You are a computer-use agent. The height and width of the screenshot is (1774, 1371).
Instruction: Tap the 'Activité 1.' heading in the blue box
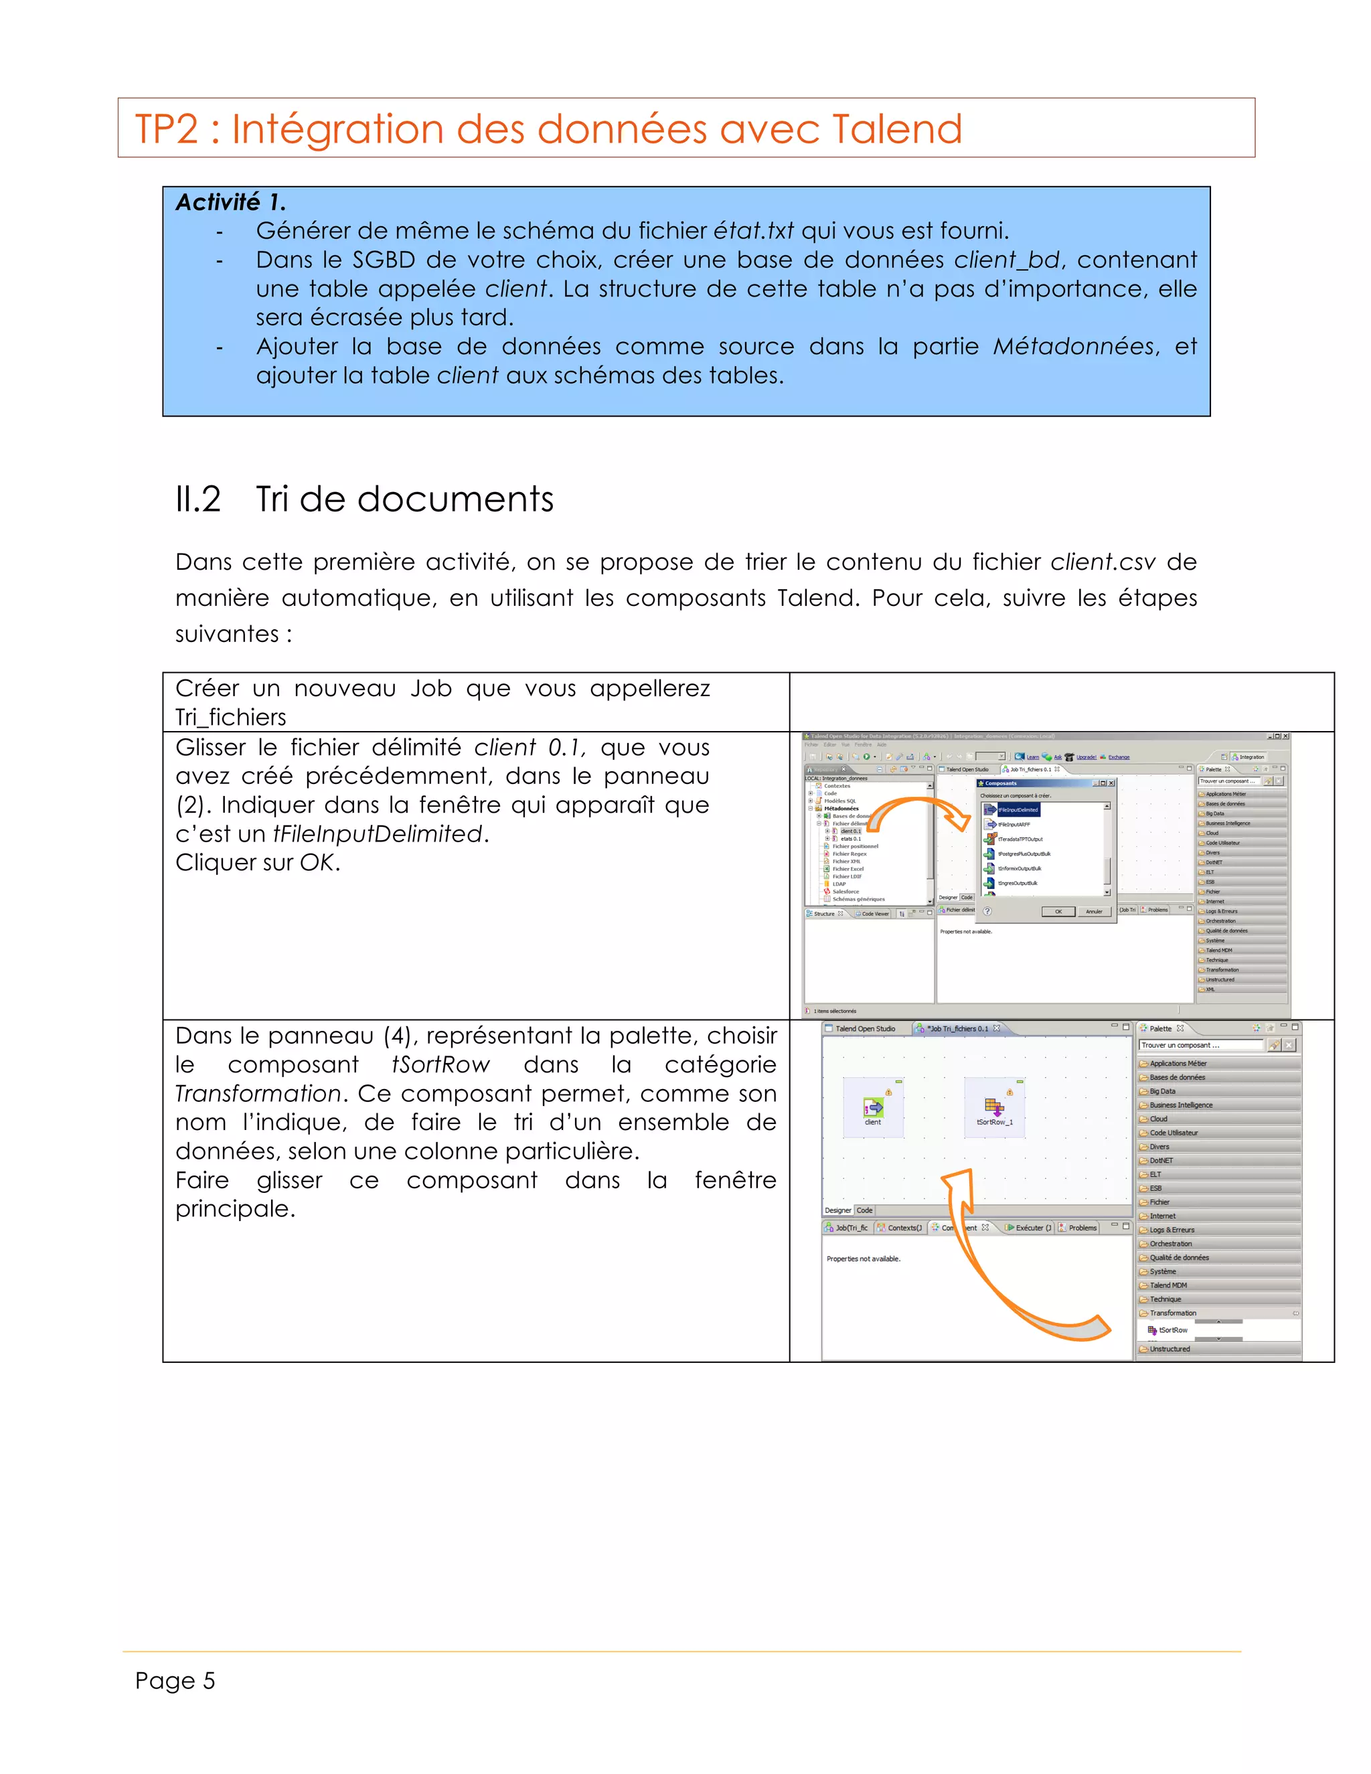231,202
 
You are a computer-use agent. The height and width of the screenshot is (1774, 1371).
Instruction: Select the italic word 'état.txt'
753,232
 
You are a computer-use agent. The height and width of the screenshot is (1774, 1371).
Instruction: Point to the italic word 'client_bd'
1006,260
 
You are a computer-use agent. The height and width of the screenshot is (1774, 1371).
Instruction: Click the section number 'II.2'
198,499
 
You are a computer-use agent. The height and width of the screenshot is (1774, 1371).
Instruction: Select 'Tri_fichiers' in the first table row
231,717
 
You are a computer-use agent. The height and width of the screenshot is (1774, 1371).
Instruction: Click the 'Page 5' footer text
175,1680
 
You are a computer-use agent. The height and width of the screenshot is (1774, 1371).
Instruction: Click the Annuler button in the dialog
1093,911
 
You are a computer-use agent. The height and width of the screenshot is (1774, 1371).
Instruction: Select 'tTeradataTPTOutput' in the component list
1020,839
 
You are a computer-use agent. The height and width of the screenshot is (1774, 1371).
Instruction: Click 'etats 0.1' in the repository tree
850,839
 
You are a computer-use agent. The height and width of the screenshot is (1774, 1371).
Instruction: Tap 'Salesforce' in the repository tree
845,892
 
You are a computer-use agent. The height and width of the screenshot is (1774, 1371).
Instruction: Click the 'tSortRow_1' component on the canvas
994,1108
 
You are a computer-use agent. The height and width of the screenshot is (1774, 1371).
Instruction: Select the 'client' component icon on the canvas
873,1108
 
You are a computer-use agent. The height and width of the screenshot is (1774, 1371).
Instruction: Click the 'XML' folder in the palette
1210,989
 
